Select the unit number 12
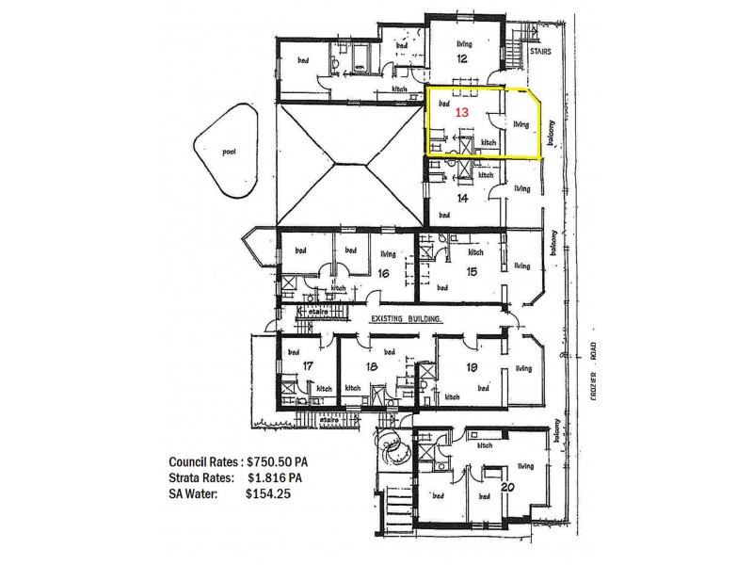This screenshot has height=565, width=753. click(x=462, y=58)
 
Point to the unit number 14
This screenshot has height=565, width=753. click(x=462, y=199)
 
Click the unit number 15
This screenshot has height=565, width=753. click(x=470, y=271)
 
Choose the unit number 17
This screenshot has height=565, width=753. click(x=307, y=366)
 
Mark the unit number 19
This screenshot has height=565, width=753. click(x=472, y=366)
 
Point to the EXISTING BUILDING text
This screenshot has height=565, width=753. click(x=407, y=320)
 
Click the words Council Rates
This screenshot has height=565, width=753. click(x=204, y=462)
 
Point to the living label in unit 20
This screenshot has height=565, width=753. click(x=525, y=465)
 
